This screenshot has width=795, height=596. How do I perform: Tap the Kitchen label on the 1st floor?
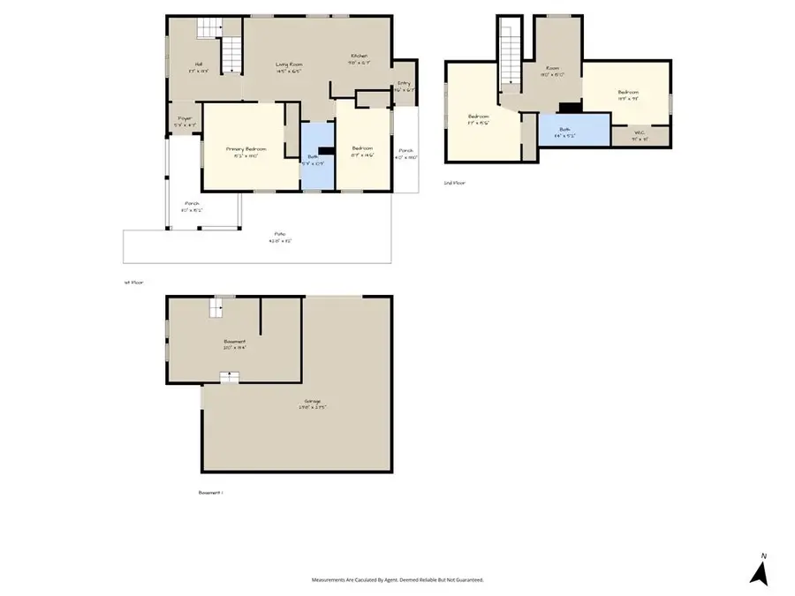(x=358, y=56)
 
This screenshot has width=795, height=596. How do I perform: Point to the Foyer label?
(x=185, y=118)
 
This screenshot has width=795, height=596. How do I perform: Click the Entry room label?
(x=404, y=84)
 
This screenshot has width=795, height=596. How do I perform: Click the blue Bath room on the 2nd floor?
(x=574, y=130)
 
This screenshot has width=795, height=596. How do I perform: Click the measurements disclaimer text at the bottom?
(x=397, y=580)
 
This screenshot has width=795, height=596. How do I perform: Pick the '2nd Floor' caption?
(x=454, y=183)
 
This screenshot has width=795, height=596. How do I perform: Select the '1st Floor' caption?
(x=133, y=283)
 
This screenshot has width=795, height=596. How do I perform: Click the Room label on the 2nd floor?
(x=552, y=72)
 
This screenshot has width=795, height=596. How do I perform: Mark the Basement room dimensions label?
(x=234, y=348)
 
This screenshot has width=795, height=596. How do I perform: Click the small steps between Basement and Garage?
(x=230, y=377)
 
